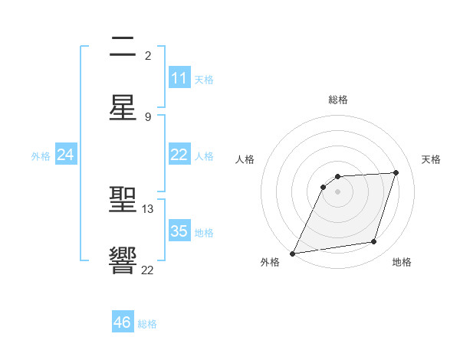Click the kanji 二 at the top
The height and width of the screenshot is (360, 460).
[x=123, y=47]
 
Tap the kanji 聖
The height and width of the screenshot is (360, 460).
[x=123, y=201]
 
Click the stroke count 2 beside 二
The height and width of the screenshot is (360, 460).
[x=148, y=56]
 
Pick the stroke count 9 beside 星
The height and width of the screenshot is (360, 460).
[x=148, y=116]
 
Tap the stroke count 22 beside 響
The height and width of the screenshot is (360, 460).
[x=148, y=270]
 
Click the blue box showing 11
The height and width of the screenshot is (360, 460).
[x=179, y=78]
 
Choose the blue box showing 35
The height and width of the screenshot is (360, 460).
[x=179, y=231]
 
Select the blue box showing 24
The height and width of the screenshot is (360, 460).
[x=66, y=155]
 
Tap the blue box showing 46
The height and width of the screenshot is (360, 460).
[x=123, y=322]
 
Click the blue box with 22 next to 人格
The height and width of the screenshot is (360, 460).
[x=179, y=155]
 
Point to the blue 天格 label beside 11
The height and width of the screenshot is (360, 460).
[x=204, y=79]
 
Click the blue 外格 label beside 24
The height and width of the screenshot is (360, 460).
[x=41, y=155]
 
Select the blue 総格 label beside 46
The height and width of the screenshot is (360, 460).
[x=147, y=324]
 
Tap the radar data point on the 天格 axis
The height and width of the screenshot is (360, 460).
[x=396, y=172]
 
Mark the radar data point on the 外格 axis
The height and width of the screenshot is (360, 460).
[x=292, y=253]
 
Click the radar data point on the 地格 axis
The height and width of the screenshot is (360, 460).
[x=374, y=242]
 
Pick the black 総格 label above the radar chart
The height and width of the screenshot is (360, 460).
[x=338, y=100]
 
